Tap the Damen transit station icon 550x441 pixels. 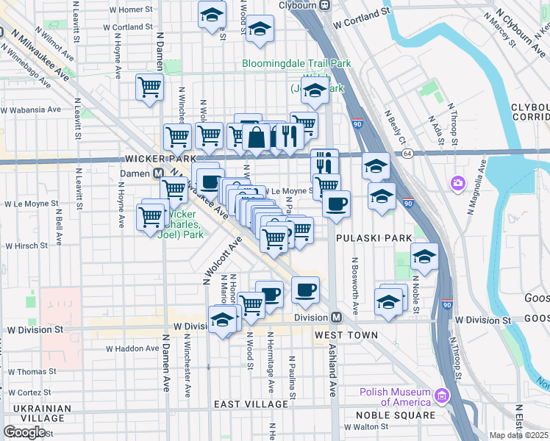coord(157,173)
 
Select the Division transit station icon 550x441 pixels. coord(336,318)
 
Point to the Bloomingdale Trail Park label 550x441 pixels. coord(296,64)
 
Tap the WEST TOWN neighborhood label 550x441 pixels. coord(346,335)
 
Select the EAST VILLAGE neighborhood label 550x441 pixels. coord(251,404)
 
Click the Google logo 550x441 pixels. coord(24,432)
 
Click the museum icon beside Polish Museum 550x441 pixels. coord(441,397)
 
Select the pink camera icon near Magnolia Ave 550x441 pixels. coord(458,182)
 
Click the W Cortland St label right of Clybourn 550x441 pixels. coord(360,18)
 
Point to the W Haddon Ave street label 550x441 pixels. coord(132,348)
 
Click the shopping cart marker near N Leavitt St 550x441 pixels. coord(149,88)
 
